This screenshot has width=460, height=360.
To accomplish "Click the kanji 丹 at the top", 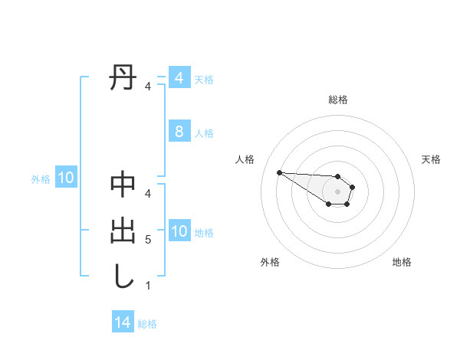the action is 123,78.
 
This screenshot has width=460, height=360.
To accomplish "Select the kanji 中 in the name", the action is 123,185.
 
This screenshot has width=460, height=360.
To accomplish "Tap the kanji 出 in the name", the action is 123,231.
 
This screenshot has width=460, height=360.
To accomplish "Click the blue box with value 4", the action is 179,78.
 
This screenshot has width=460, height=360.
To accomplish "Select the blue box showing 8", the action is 179,132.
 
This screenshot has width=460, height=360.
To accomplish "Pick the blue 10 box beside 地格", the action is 179,231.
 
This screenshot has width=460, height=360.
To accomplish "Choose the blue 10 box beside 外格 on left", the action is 65,178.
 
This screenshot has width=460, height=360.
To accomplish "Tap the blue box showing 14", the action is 122,322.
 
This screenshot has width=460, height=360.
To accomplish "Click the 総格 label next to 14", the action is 147,324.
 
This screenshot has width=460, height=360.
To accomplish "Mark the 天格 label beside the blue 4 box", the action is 204,80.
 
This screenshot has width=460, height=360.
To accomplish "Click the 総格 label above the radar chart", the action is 338,100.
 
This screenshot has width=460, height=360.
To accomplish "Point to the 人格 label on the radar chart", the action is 245,159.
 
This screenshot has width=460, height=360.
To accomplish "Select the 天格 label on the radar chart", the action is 432,159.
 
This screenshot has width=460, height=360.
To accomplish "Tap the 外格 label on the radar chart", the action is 270,262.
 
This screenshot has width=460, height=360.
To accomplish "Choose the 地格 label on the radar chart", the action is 402,262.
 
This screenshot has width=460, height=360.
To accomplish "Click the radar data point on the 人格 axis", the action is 279,172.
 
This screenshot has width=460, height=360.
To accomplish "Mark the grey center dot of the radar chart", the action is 338,191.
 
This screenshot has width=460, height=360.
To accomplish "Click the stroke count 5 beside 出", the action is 148,240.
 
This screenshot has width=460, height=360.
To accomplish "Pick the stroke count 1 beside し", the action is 148,286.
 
